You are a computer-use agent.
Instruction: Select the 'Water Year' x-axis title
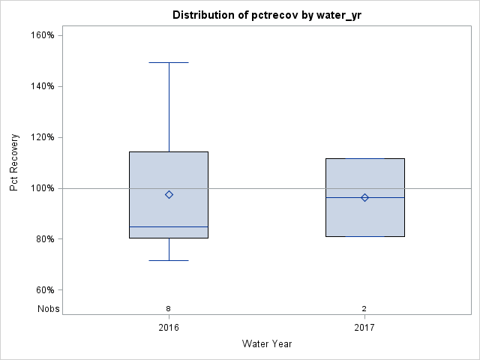tap(266, 344)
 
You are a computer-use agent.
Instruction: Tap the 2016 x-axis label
tap(169, 328)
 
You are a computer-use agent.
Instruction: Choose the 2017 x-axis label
tap(364, 328)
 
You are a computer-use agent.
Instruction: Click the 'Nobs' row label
tap(48, 308)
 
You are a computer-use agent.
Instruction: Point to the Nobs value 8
tap(169, 308)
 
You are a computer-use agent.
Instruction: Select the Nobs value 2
tap(364, 308)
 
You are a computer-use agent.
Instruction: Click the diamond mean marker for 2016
tap(169, 194)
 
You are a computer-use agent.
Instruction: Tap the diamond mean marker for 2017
tap(364, 197)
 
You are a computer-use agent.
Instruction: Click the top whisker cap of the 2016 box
tap(169, 63)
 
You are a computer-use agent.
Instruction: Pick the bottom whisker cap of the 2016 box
tap(169, 260)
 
